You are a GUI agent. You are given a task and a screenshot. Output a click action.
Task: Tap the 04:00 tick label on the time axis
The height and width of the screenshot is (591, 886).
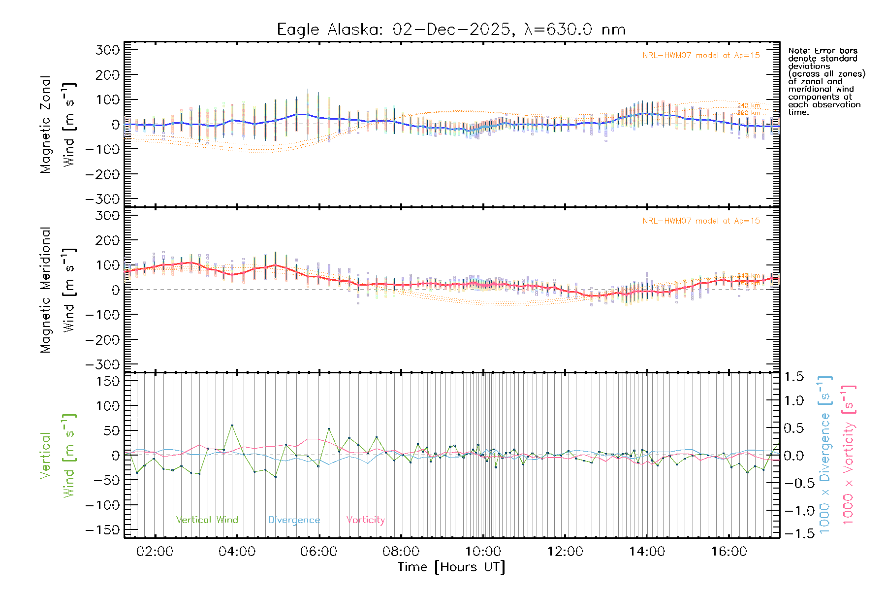237,552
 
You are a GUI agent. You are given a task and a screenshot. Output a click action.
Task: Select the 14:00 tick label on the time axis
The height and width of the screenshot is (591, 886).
647,552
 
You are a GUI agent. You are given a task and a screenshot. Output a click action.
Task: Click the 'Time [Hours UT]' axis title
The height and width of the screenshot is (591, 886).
451,567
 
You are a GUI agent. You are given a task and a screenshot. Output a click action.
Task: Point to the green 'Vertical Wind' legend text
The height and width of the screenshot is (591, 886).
207,520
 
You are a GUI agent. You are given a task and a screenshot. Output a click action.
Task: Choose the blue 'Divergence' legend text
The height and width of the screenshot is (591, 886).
294,520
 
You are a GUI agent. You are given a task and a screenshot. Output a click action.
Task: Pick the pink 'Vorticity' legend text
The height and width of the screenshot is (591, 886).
365,520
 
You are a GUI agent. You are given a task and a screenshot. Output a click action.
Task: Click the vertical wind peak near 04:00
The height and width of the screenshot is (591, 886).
232,425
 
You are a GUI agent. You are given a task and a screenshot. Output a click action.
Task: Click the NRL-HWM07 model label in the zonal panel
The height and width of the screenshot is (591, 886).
701,55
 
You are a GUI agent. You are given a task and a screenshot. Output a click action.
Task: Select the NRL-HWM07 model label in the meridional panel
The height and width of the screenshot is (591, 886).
701,221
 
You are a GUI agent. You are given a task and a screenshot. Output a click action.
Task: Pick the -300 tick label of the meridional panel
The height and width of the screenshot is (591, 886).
103,364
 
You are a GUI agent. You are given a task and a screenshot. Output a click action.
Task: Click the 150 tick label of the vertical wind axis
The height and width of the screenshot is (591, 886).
108,381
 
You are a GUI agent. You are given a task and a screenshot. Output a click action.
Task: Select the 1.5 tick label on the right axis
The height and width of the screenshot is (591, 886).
793,377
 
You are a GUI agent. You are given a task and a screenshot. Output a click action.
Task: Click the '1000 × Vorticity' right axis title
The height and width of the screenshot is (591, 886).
849,455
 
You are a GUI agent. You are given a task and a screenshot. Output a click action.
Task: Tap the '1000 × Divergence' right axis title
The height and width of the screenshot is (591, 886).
825,455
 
